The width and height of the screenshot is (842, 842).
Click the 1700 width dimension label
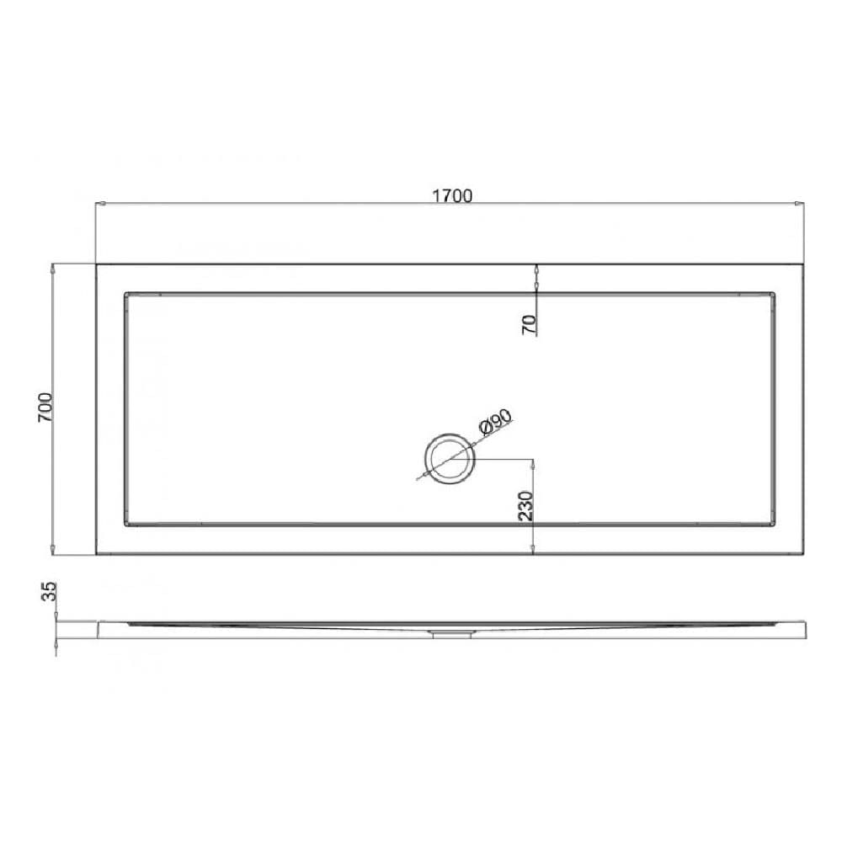click(452, 196)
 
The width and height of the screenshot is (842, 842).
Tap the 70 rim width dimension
click(529, 324)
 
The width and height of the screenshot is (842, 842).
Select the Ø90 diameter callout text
click(495, 423)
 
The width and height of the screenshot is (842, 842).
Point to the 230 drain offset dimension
click(526, 506)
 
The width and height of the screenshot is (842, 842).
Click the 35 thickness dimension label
click(50, 591)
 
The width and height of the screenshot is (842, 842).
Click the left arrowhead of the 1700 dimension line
click(99, 204)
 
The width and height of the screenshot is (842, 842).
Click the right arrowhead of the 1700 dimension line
click(800, 204)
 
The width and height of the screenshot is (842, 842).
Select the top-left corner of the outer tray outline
click(96, 264)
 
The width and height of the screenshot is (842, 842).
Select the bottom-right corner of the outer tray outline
click(805, 555)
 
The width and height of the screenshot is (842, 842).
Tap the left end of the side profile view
click(98, 629)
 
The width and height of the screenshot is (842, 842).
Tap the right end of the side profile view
click(805, 629)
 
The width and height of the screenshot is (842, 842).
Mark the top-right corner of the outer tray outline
click(805, 264)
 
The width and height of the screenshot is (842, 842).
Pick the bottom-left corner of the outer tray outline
click(96, 555)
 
